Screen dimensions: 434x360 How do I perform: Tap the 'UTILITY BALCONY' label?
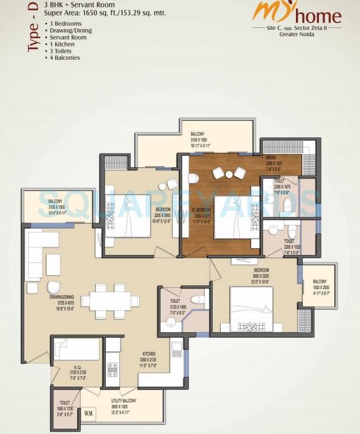click(x=124, y=401)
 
